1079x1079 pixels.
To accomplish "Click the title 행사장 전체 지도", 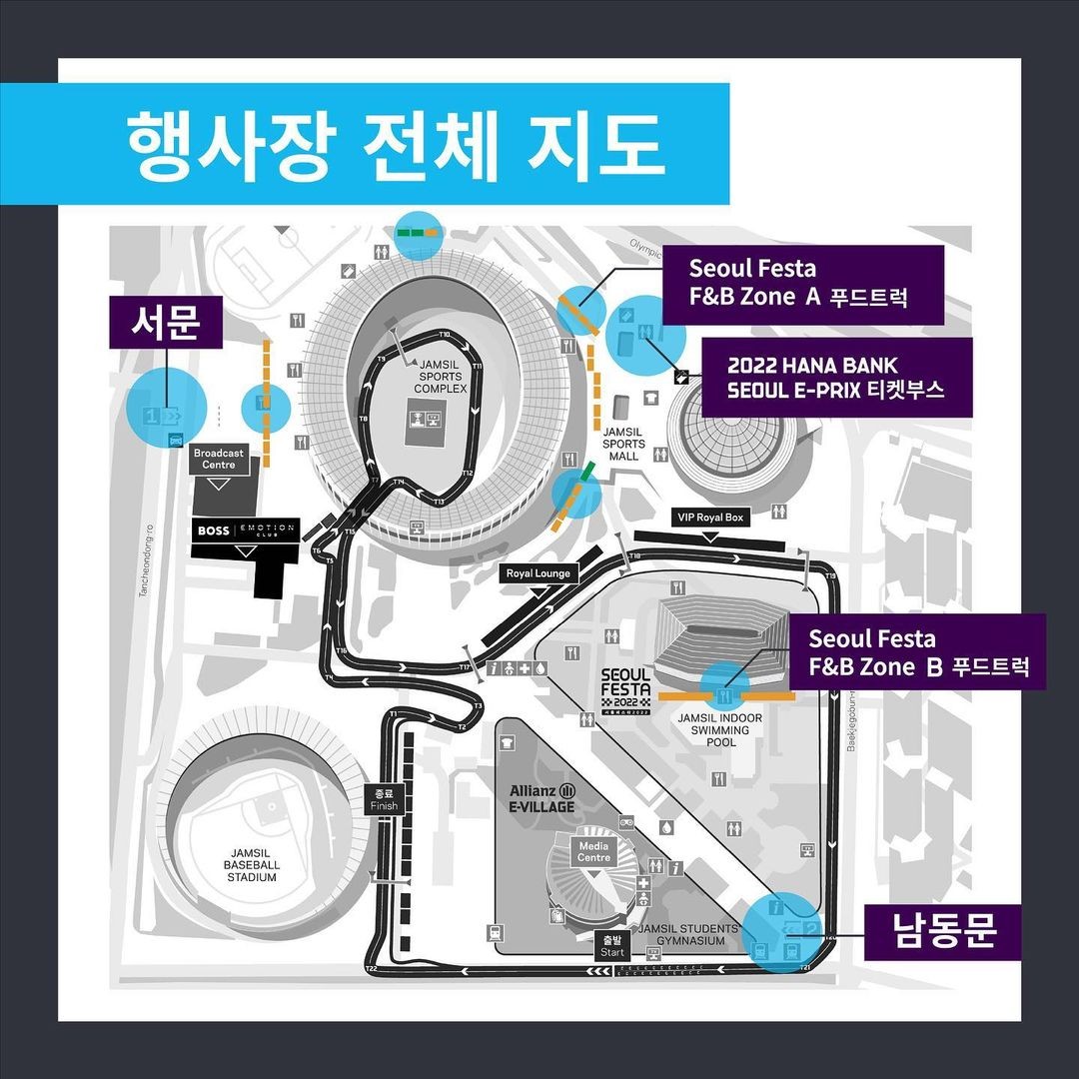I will pyautogui.click(x=395, y=146).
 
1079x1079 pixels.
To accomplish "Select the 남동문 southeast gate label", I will pyautogui.click(x=944, y=932).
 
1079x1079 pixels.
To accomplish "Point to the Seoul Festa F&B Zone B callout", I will pyautogui.click(x=918, y=651).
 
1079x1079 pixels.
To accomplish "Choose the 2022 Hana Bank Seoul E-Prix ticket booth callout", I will pyautogui.click(x=835, y=378).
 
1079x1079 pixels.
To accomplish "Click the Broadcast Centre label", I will pyautogui.click(x=218, y=459).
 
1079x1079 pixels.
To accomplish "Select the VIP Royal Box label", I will pyautogui.click(x=710, y=519).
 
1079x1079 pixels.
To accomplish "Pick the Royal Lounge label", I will pyautogui.click(x=538, y=573).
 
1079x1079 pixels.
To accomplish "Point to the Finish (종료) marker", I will pyautogui.click(x=384, y=799).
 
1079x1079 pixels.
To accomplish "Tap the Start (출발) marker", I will pyautogui.click(x=612, y=946).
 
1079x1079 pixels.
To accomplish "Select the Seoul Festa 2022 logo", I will pyautogui.click(x=626, y=690).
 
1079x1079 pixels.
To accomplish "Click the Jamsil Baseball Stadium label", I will pyautogui.click(x=251, y=864).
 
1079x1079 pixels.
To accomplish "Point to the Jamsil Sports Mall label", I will pyautogui.click(x=624, y=443).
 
